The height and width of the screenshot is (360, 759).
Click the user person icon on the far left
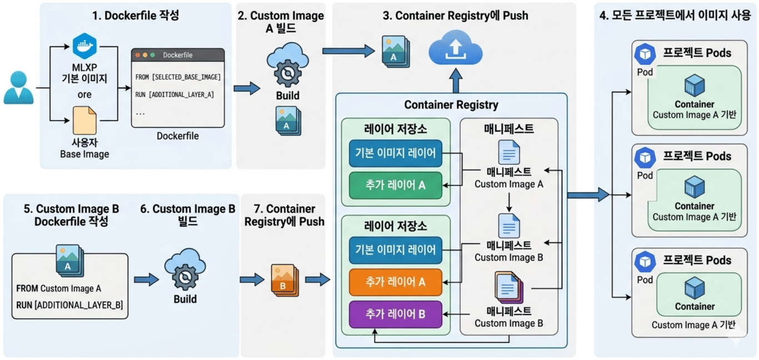[x=19, y=88]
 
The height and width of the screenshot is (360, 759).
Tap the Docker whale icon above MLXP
[x=84, y=46]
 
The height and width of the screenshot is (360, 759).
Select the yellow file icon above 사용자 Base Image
[x=84, y=121]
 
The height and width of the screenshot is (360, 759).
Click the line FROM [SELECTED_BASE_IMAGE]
[x=178, y=77]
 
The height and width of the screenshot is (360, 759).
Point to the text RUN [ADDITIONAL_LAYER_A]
[x=174, y=94]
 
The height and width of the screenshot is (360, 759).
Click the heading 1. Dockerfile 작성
[x=136, y=16]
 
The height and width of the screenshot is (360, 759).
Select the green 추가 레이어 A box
[x=395, y=186]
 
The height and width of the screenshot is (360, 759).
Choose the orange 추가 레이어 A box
[x=395, y=282]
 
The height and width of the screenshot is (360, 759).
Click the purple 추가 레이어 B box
[x=395, y=314]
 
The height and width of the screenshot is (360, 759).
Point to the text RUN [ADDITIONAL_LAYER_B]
[x=69, y=305]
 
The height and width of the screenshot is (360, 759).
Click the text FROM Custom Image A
[x=59, y=288]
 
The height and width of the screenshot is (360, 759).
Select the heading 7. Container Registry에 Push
[x=283, y=215]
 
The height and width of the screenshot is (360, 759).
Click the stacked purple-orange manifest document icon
[x=508, y=288]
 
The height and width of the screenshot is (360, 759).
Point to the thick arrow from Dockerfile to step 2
[x=247, y=88]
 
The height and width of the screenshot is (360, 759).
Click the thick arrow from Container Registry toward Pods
[x=588, y=194]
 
